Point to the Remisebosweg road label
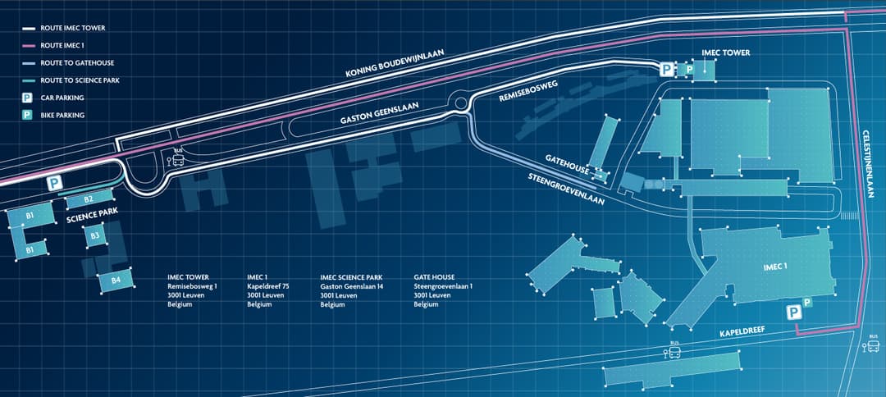tap(528, 91)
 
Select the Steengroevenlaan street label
tap(566, 188)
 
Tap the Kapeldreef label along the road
tap(742, 331)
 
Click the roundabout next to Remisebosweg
tap(459, 103)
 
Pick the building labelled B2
tap(88, 199)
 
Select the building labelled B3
tap(95, 236)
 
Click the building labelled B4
tap(116, 281)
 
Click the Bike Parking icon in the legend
tap(27, 116)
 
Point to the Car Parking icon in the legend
tap(27, 98)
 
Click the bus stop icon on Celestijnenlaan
tap(870, 345)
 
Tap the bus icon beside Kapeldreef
tap(674, 352)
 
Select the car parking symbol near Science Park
tap(54, 183)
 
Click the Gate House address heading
tap(434, 277)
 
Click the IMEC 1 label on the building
tap(774, 267)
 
